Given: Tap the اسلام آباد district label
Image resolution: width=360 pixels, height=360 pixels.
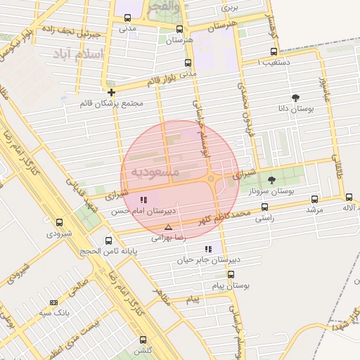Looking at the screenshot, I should click(78, 54).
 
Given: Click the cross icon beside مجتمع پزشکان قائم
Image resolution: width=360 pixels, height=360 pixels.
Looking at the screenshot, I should click(111, 92).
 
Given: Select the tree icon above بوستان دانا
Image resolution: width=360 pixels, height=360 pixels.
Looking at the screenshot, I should click(295, 98).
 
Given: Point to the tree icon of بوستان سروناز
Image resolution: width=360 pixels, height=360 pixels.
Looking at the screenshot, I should click(271, 180).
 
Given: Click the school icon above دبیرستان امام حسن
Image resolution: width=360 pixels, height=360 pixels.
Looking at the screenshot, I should click(144, 200).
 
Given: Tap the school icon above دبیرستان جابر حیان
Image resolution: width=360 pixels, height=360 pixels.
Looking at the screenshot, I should click(207, 249).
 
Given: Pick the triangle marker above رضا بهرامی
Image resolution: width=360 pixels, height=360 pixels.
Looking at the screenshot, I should click(167, 227).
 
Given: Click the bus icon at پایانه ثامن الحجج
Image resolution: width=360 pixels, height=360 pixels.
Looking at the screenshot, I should click(108, 240).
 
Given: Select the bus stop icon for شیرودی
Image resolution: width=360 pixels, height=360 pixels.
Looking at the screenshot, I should click(59, 222).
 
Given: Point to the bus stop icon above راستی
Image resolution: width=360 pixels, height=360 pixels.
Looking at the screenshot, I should click(264, 207).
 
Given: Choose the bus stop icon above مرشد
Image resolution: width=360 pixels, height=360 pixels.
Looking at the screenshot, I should click(314, 199).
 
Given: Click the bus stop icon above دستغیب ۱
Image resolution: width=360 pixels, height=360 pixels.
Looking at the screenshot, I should click(274, 51).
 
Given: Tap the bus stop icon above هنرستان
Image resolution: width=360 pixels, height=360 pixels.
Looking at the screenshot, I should click(179, 30).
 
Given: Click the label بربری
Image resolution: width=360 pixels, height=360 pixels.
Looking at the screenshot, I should click(230, 8).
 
